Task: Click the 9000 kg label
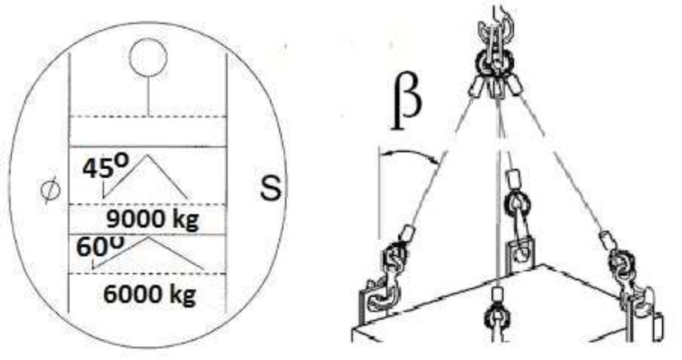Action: point(153,220)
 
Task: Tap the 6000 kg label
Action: point(150,295)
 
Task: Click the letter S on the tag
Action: point(271,188)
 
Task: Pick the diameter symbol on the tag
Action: point(50,190)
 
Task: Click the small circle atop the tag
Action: point(148,57)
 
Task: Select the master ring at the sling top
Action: point(494,64)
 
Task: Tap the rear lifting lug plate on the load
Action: point(520,256)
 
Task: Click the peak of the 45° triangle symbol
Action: point(148,155)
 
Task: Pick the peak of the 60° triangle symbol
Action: point(148,238)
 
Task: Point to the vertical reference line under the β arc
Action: point(379,193)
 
